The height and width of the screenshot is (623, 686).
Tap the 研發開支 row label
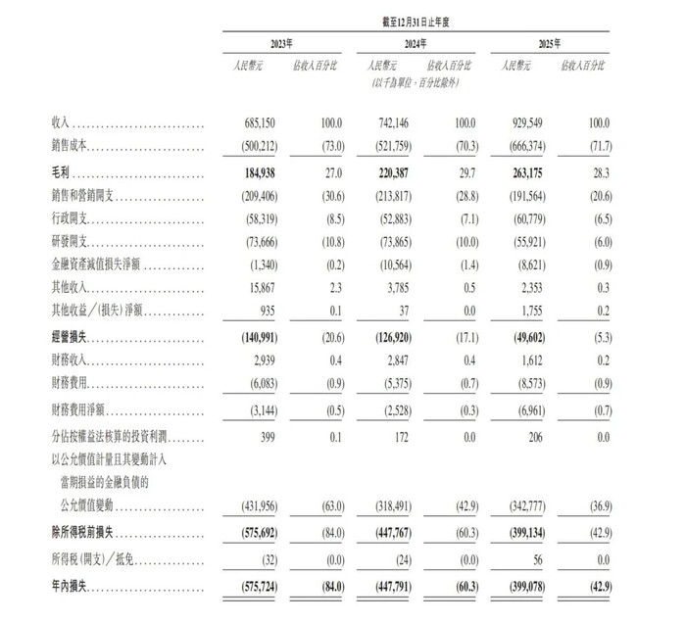(x=76, y=242)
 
